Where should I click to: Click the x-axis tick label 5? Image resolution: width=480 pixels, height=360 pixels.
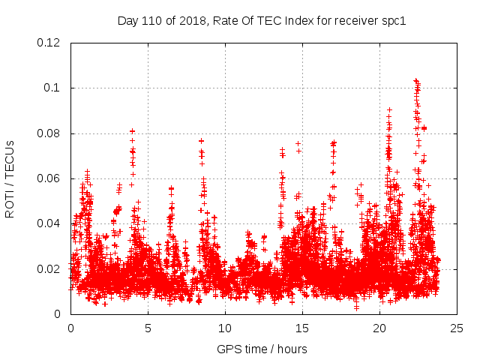point(148,328)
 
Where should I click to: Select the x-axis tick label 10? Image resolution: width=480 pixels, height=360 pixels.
point(225,328)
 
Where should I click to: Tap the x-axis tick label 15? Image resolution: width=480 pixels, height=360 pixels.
point(302,328)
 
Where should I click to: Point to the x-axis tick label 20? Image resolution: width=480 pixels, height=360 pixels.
point(379,328)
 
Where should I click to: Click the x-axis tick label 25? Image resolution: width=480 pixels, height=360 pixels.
point(457,328)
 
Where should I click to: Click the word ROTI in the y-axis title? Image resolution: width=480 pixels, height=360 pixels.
point(10,204)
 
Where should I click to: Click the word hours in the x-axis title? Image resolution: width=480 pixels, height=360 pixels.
point(291,349)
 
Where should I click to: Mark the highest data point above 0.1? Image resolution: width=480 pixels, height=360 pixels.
point(415,79)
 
